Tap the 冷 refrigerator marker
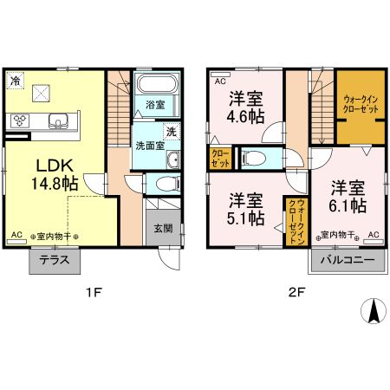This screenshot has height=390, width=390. click(16, 81)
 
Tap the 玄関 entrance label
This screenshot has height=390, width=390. click(163, 229)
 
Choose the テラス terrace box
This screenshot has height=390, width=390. click(54, 261)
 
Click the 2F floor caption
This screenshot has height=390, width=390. click(295, 292)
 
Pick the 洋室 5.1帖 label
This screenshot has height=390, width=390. click(246, 209)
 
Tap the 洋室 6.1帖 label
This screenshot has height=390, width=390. click(346, 195)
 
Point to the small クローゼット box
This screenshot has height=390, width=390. click(218, 158)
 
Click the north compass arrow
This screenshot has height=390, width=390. click(374, 312)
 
